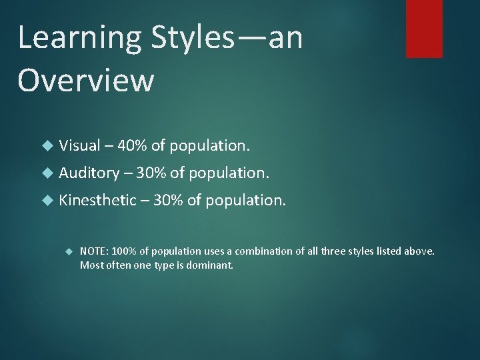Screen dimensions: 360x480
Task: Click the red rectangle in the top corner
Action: (424, 28)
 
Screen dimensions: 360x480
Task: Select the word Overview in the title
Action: (86, 81)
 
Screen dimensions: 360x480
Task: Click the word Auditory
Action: (87, 173)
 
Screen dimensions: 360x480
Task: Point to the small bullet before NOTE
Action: (68, 251)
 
